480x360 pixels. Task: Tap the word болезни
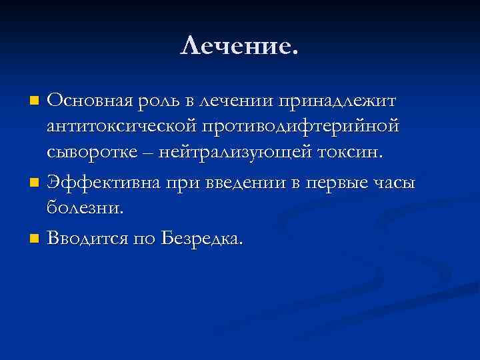[85, 207]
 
